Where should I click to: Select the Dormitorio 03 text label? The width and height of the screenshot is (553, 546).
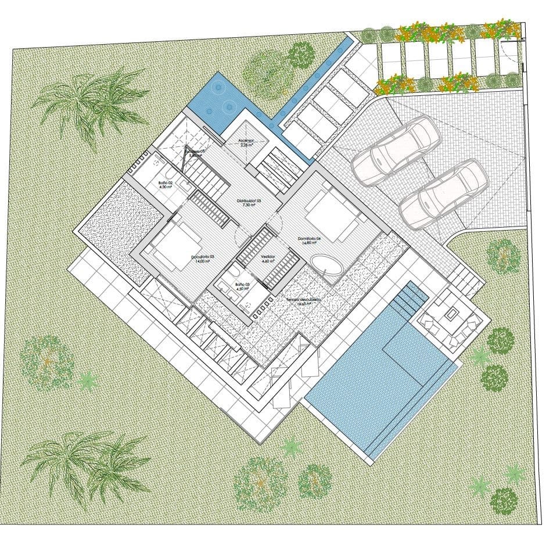(203, 257)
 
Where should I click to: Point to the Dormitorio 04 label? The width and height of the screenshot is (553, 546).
(310, 238)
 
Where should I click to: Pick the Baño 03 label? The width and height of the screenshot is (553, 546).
(242, 285)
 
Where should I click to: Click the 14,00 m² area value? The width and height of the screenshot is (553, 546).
(203, 263)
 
